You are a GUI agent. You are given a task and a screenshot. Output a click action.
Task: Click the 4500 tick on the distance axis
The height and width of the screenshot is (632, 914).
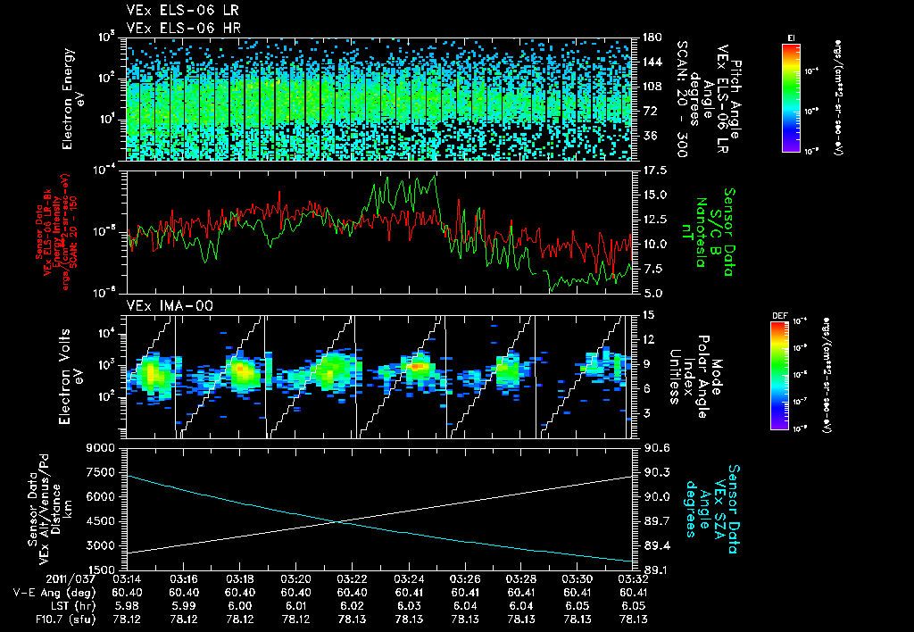click(x=102, y=520)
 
